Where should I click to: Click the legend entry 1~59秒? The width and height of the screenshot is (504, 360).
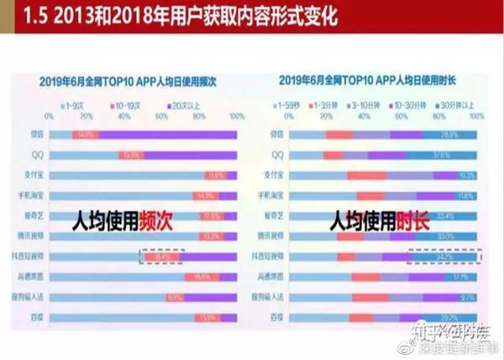point(288,104)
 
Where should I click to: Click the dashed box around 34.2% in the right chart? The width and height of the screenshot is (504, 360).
point(444,257)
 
